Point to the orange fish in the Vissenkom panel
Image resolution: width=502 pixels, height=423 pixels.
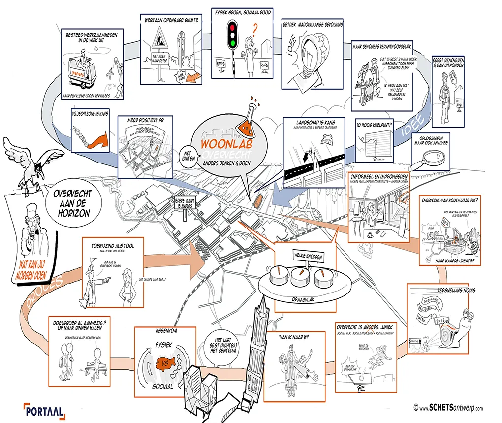click(x=165, y=366)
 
